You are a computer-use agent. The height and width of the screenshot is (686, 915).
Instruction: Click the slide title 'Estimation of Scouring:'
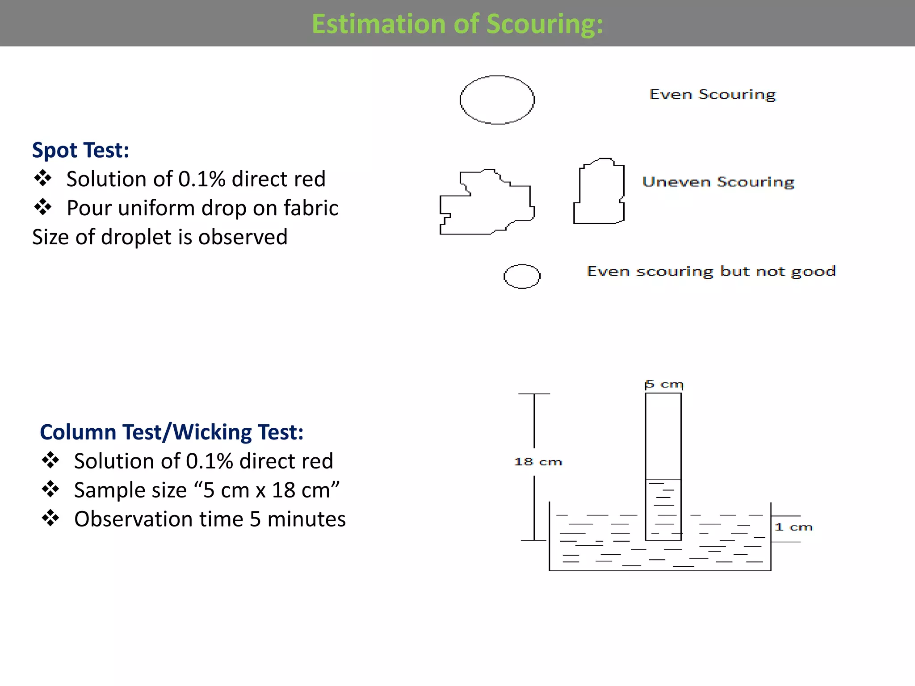457,24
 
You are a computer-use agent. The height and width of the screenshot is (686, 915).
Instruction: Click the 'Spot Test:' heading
80,150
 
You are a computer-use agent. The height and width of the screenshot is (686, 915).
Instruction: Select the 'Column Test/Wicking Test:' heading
172,432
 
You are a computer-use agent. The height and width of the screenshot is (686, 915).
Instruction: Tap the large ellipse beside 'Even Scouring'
497,100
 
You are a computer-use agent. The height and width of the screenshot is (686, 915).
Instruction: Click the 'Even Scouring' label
712,95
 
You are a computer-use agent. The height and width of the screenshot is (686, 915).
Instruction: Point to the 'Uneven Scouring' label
718,182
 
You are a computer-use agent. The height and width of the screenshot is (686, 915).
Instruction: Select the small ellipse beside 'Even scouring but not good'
522,276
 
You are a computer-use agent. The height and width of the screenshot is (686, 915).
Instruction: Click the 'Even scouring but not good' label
711,272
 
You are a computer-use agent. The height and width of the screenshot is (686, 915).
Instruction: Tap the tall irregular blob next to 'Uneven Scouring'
599,192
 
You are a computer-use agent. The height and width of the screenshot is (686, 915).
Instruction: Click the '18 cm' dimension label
537,462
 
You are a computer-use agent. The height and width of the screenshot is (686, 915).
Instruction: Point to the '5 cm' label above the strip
664,385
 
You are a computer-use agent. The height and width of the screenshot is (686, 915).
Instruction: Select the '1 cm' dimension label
793,527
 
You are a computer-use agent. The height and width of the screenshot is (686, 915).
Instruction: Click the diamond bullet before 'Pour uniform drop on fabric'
43,207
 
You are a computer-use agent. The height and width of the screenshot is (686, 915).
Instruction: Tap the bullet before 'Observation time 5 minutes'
50,518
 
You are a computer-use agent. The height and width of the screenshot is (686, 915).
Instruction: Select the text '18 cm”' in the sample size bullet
306,490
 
